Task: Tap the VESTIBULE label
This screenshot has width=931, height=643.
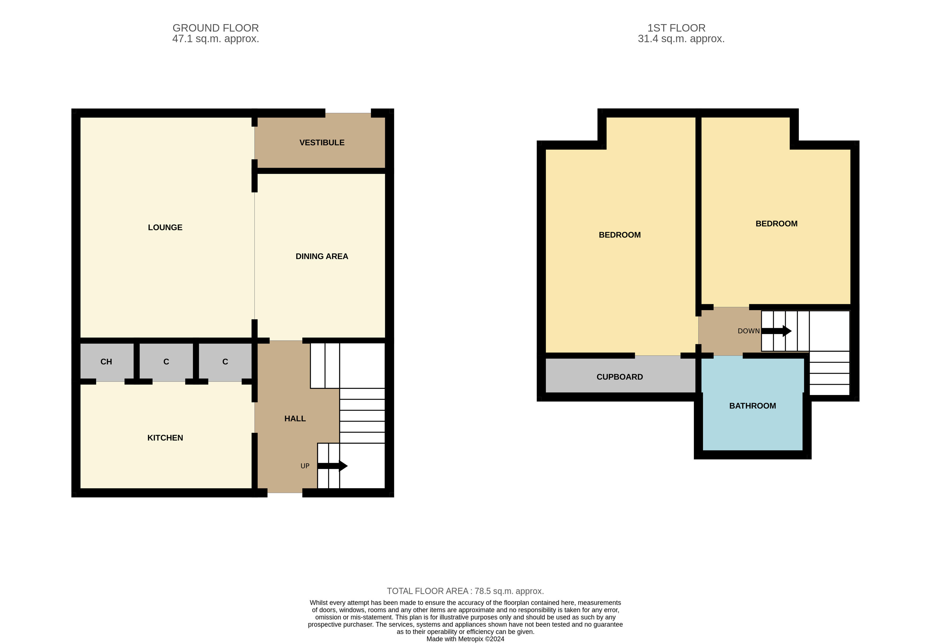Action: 322,143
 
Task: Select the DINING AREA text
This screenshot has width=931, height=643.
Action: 322,257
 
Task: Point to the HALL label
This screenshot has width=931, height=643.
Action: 295,419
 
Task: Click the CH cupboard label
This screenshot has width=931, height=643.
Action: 106,362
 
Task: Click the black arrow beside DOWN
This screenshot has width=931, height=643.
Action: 776,331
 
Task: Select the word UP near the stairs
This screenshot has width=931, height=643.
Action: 305,466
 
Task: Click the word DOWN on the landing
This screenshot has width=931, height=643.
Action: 748,331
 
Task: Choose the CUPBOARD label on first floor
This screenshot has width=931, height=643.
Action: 619,377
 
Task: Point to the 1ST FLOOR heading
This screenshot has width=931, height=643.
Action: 676,28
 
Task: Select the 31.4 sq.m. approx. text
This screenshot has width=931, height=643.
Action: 681,39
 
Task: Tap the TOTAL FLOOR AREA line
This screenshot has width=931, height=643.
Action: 465,591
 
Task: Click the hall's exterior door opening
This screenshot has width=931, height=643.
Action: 285,493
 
